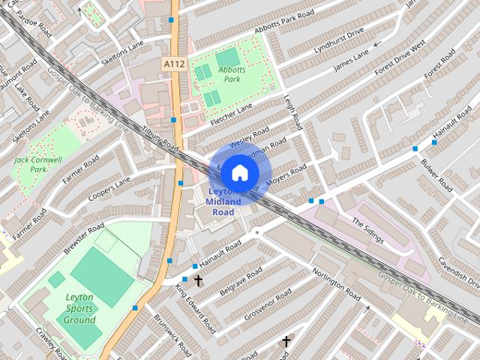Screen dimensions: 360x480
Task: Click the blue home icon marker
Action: [238, 172]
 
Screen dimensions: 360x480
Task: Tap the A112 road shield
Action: [172, 67]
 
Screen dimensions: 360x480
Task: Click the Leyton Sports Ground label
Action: [80, 308]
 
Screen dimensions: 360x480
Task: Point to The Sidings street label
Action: [367, 231]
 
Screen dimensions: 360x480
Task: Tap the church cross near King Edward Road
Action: [199, 280]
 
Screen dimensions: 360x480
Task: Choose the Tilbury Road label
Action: [160, 136]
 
